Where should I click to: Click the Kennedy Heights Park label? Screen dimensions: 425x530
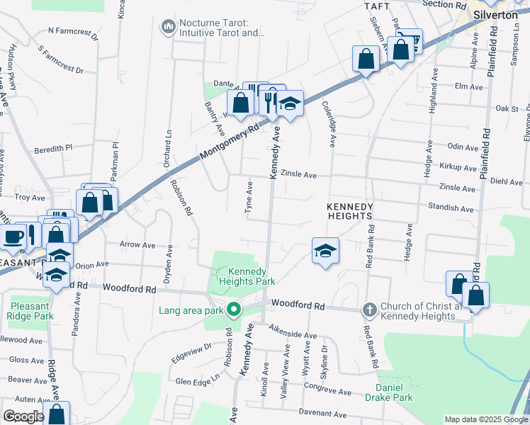(246, 276)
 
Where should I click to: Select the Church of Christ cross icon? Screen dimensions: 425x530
(368, 310)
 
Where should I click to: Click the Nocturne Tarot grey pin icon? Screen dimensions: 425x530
(169, 27)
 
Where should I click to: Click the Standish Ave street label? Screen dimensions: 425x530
(450, 209)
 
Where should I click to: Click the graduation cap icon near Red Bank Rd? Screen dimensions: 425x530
(325, 251)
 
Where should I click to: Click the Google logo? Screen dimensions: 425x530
(23, 417)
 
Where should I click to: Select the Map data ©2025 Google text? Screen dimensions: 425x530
(485, 419)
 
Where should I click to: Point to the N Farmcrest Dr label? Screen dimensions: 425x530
(75, 31)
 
